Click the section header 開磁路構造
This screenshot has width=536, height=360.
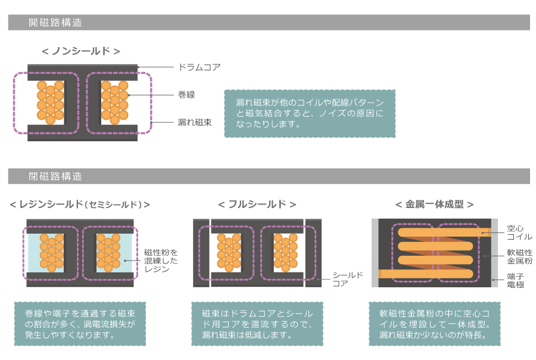pyautogui.click(x=55, y=23)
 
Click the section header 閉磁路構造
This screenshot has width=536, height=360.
pyautogui.click(x=55, y=176)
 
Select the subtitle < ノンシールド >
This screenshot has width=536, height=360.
pyautogui.click(x=81, y=51)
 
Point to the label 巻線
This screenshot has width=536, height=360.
pyautogui.click(x=186, y=95)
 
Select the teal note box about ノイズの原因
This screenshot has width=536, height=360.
pyautogui.click(x=310, y=113)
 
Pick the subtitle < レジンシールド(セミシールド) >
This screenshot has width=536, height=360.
pyautogui.click(x=80, y=204)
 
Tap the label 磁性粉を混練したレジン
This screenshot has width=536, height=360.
pyautogui.click(x=161, y=260)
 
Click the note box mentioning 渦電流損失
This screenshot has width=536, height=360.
pyautogui.click(x=80, y=324)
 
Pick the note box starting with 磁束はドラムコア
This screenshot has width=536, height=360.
pyautogui.click(x=257, y=324)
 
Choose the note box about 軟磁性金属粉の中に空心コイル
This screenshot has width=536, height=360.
pyautogui.click(x=435, y=324)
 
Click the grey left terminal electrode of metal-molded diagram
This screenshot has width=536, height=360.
pyautogui.click(x=375, y=253)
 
